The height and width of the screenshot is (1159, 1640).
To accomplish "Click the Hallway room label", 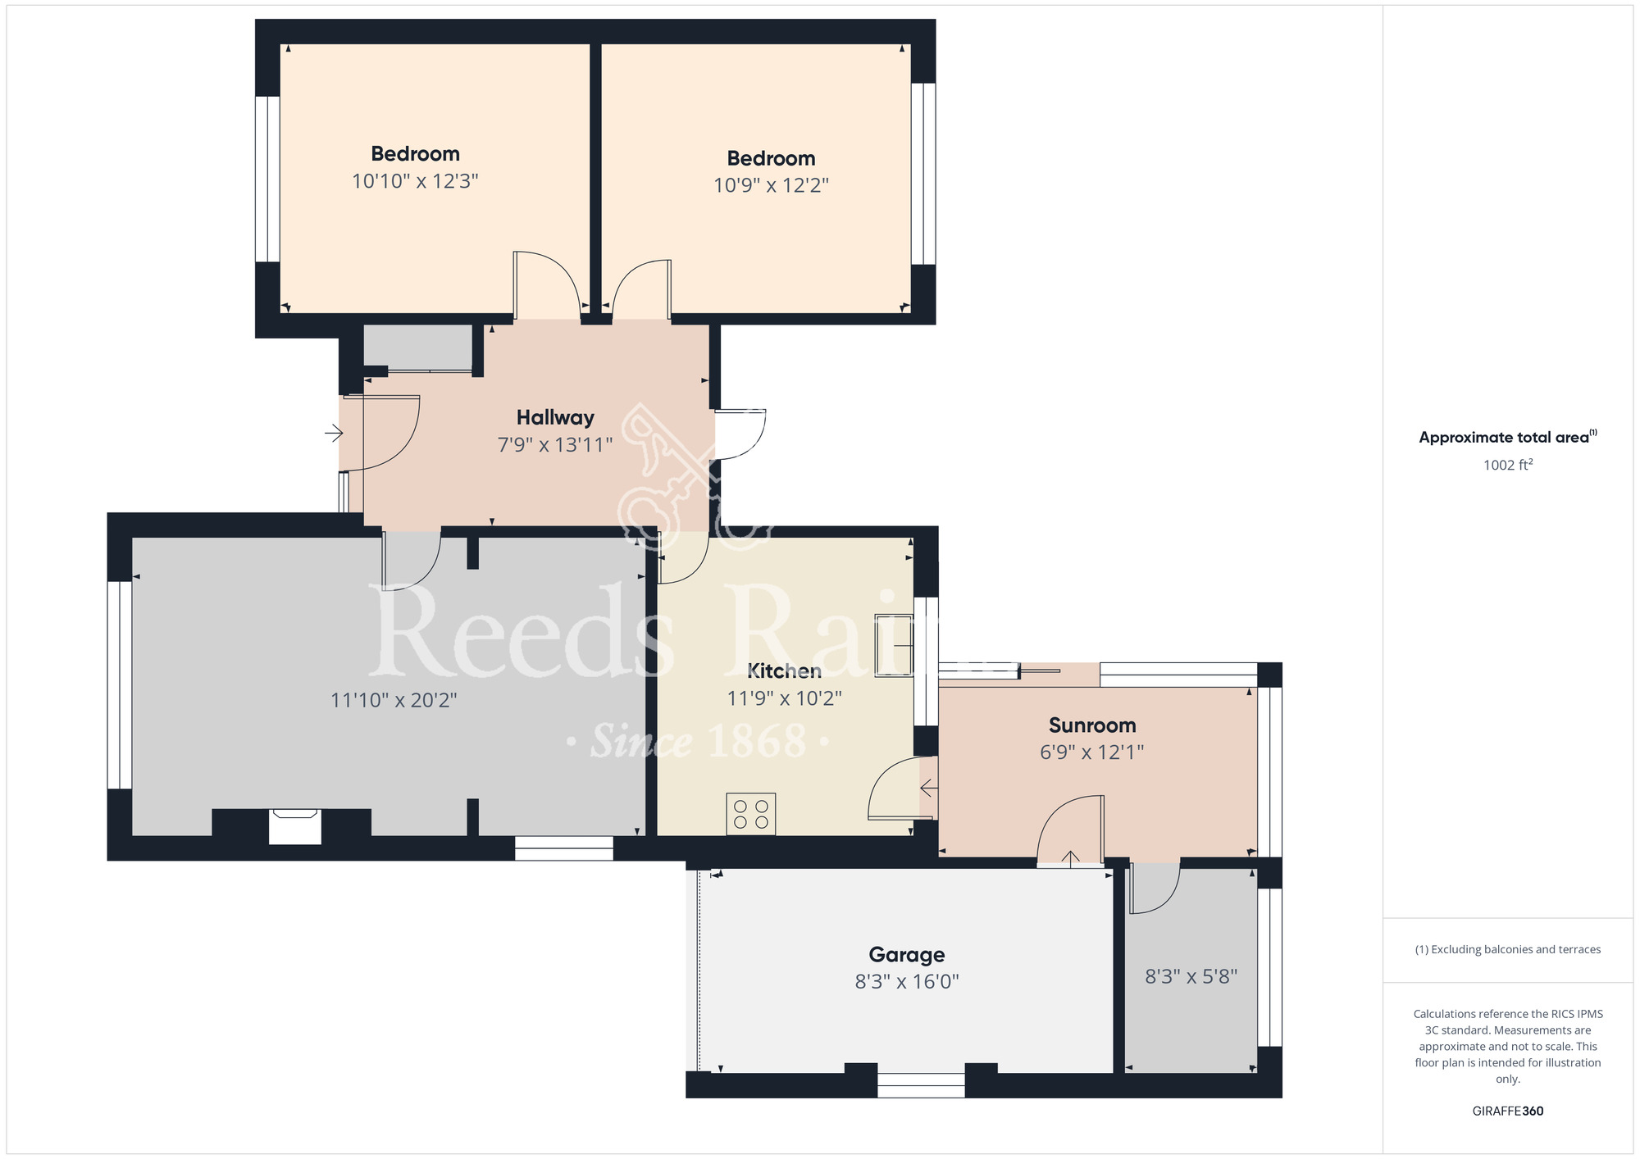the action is point(555,417).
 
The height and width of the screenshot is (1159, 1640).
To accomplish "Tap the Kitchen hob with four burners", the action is point(751,814).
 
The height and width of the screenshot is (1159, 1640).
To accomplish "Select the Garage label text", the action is point(907,955).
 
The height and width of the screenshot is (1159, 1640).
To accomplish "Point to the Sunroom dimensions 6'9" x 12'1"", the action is point(1092,752).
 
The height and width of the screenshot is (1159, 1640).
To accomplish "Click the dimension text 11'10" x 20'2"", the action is point(394,700).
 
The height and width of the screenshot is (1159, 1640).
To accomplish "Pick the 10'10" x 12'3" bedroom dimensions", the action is point(415,180).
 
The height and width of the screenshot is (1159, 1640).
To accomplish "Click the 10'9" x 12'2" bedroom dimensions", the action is point(771,185).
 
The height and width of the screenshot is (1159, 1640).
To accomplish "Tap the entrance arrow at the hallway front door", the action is point(334,432).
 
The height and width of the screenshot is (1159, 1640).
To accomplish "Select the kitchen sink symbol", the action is point(895,645).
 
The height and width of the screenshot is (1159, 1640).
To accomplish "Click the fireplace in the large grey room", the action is point(295,826).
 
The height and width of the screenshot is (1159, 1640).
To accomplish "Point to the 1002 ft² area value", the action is point(1508,465).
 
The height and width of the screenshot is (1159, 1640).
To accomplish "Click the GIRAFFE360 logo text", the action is point(1508,1111).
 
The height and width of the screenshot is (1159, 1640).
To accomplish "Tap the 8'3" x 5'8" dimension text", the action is point(1191,976).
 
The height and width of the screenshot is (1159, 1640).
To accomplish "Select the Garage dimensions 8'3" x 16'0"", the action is point(907,982).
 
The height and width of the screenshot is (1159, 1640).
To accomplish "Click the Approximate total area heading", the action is point(1508,437).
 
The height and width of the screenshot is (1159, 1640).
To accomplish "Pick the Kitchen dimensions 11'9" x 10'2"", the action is point(785,698).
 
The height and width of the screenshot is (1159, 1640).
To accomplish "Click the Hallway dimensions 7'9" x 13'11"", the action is point(555,445).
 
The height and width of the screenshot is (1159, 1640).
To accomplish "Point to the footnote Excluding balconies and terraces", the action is point(1508,949).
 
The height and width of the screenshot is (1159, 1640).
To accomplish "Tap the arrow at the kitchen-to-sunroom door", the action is point(929,789).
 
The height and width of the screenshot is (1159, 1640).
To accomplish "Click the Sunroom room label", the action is point(1092,725).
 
